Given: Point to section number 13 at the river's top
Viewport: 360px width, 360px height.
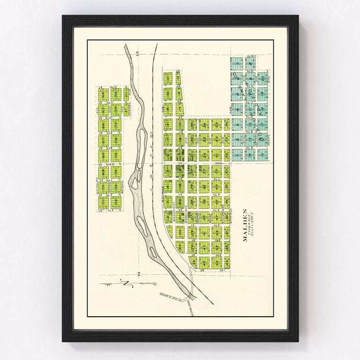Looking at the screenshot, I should pos(137,54).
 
